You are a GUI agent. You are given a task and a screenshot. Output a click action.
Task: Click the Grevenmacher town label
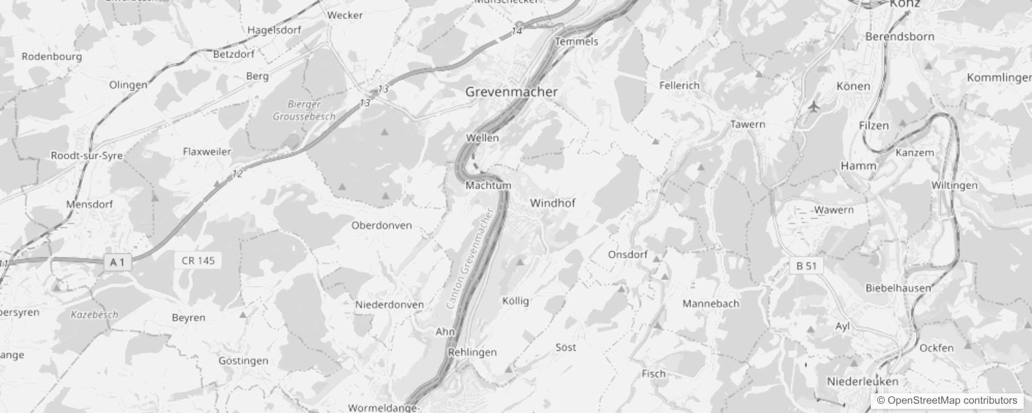511,92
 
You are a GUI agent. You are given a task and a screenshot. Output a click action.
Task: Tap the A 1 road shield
117,262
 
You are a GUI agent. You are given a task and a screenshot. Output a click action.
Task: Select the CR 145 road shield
198,261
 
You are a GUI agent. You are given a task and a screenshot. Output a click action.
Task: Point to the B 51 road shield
806,266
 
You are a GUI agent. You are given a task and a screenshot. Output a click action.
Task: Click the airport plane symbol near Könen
814,107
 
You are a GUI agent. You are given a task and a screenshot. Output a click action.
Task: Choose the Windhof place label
552,203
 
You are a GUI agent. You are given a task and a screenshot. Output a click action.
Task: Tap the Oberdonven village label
382,226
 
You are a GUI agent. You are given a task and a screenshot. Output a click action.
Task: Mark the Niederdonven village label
389,305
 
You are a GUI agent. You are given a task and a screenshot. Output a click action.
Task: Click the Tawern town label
748,124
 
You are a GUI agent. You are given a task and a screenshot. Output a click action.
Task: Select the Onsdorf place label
628,255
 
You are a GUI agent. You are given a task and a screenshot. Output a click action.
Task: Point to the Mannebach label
711,304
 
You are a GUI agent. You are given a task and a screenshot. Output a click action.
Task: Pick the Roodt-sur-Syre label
87,155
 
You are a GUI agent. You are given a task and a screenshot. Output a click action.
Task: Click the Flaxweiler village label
207,152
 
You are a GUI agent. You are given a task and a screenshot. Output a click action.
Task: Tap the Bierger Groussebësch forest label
304,110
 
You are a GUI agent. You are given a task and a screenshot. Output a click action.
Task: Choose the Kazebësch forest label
95,314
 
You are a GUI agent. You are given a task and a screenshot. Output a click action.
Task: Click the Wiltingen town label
954,185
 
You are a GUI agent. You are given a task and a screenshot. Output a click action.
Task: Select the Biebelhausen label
898,288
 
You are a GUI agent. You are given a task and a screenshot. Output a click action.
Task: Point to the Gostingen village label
243,361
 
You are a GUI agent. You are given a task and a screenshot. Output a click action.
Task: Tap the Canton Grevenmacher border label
471,259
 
